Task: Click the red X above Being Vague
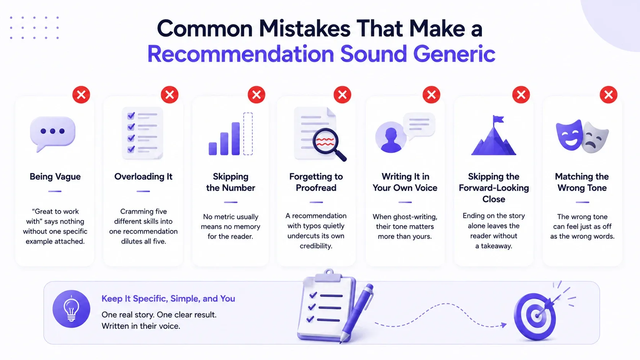click(x=81, y=94)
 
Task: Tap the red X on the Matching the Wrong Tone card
click(x=609, y=94)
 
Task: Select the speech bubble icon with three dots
click(x=52, y=134)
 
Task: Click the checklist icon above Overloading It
click(x=142, y=133)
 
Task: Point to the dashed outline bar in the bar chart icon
click(x=248, y=134)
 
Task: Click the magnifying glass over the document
click(x=329, y=145)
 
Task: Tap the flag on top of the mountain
click(x=498, y=120)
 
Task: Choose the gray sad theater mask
click(x=596, y=137)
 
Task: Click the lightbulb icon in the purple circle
click(x=71, y=309)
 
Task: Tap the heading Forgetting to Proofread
click(x=316, y=182)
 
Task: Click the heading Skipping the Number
click(x=230, y=182)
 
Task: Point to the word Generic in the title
click(x=454, y=54)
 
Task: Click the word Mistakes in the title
click(x=305, y=28)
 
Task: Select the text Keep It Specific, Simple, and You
click(x=168, y=299)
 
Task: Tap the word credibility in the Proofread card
click(x=316, y=246)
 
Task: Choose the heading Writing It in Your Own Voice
click(x=405, y=182)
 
